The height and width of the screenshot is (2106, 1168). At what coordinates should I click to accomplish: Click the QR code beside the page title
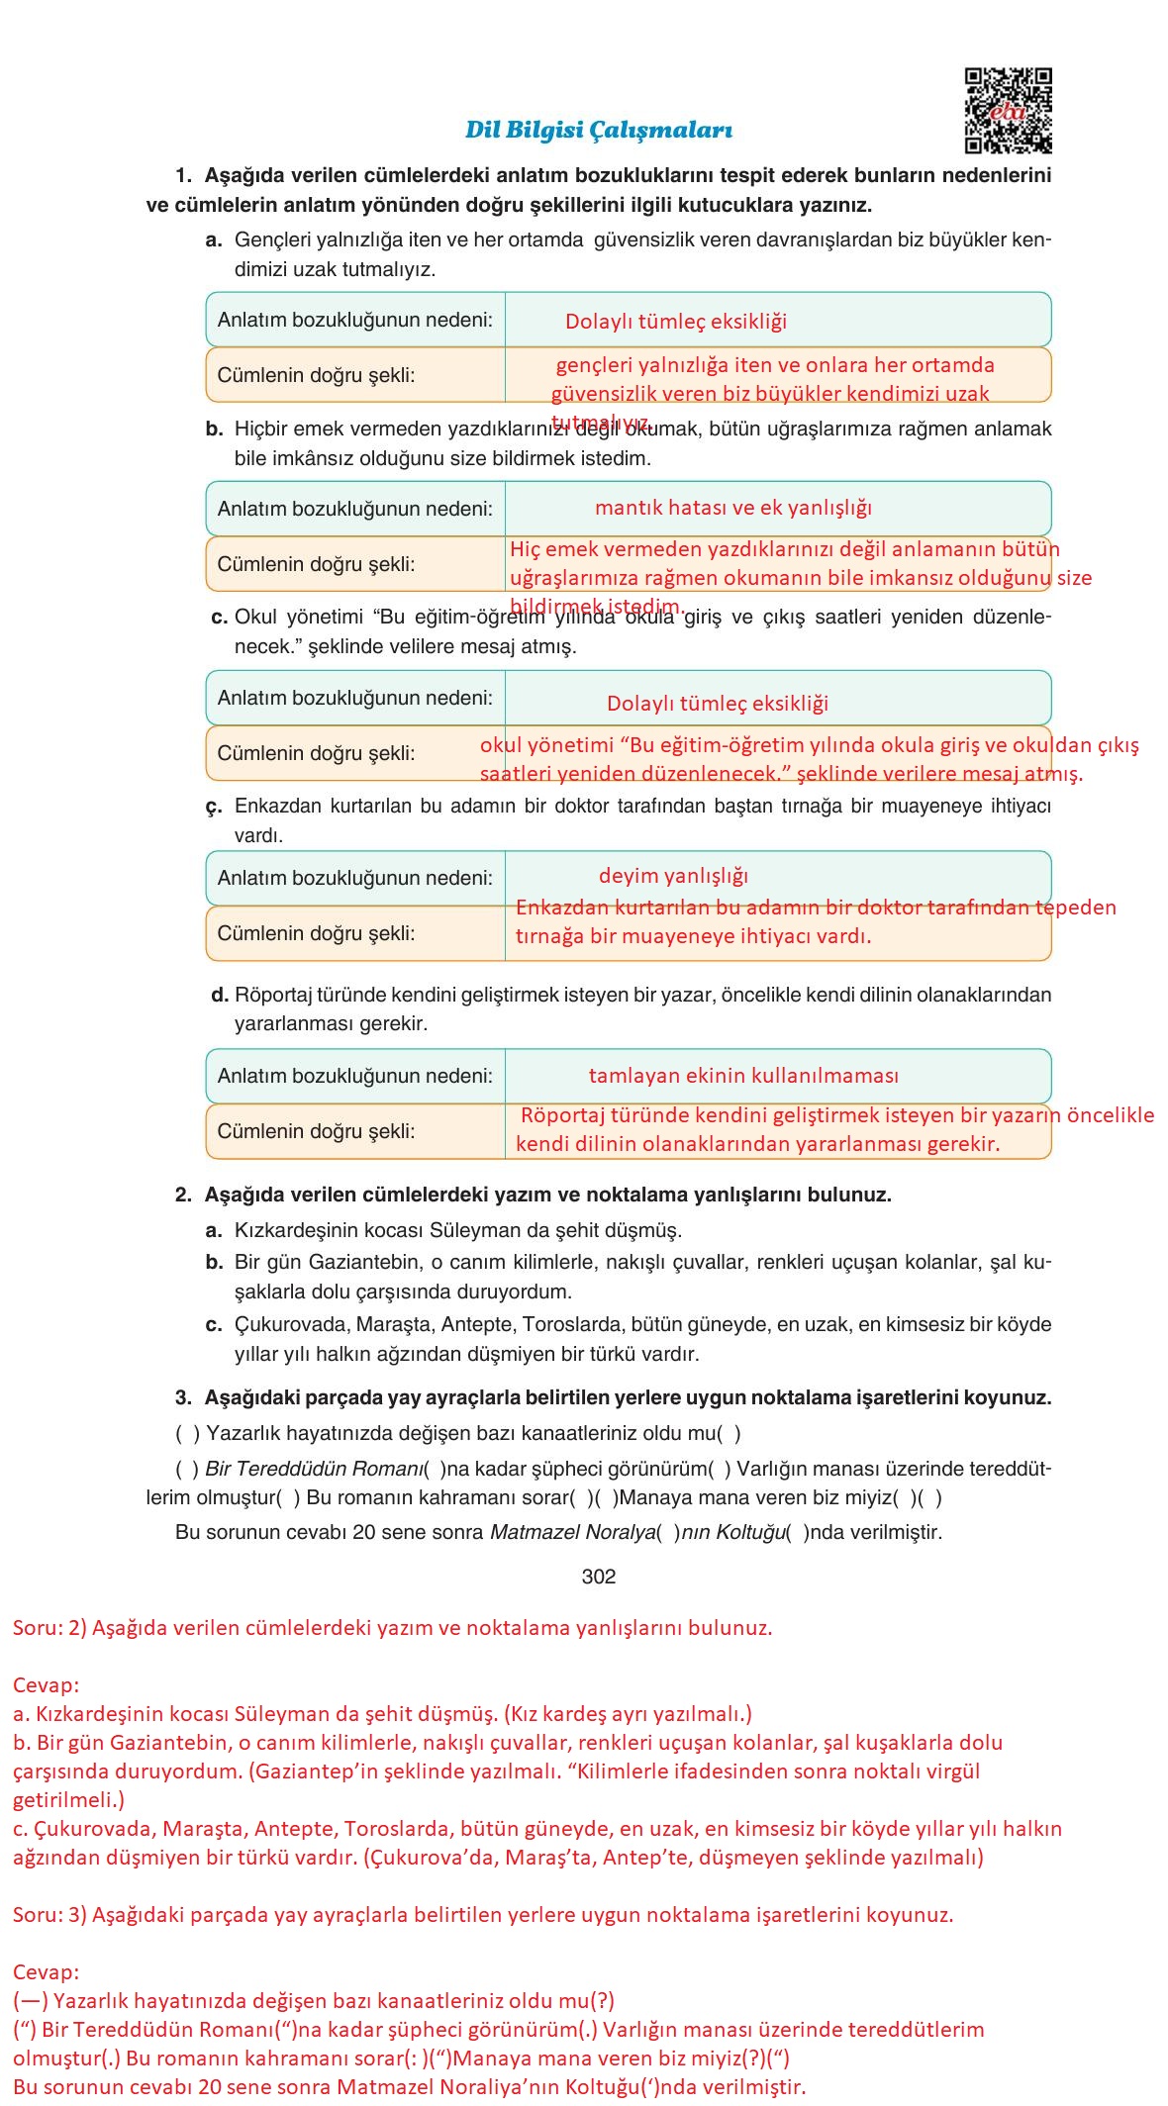[x=1008, y=110]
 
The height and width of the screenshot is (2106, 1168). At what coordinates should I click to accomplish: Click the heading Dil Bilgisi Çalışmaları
[x=599, y=130]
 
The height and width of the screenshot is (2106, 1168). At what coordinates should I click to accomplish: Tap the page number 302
[x=598, y=1577]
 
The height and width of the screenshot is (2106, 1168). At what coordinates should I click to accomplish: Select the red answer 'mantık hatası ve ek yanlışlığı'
[x=732, y=508]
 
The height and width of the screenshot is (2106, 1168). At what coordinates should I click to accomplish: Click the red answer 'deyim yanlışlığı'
[x=673, y=876]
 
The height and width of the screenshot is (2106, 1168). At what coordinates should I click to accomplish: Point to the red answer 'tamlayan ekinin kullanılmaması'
[x=743, y=1076]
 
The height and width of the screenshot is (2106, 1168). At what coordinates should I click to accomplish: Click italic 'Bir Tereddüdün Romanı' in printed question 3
[x=313, y=1469]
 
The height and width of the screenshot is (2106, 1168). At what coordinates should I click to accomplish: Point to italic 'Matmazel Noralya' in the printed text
[x=571, y=1532]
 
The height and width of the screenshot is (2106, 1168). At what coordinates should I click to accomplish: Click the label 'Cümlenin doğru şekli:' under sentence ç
[x=316, y=933]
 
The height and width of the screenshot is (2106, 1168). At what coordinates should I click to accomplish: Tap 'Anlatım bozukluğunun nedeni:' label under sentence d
[x=354, y=1076]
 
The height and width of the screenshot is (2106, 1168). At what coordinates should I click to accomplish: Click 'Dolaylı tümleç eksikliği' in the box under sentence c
[x=717, y=704]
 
